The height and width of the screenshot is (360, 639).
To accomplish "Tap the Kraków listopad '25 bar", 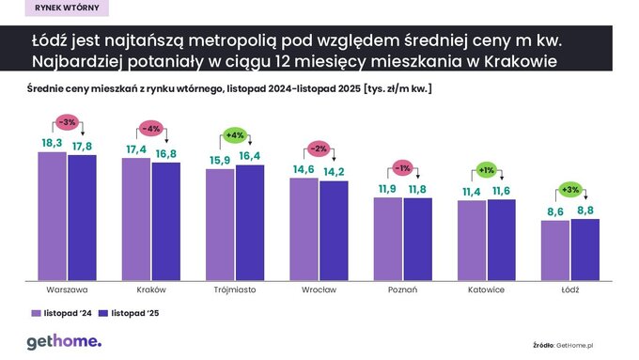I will pos(166,221).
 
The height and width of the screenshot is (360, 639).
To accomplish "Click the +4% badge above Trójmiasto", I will pos(235,135).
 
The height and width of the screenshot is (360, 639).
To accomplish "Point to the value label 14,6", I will pos(305,169).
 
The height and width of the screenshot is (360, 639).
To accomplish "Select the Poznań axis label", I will pos(402,290).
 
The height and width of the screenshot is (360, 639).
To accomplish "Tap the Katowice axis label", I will pos(486,290).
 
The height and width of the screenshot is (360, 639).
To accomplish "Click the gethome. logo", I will pos(63,340).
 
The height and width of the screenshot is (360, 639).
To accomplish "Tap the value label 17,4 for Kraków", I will pos(136,150).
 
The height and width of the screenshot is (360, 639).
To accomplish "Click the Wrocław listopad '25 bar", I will pos(334,229).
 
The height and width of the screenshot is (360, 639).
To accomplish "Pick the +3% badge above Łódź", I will pos(570,190).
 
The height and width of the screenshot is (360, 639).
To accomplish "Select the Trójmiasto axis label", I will pos(235,290).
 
